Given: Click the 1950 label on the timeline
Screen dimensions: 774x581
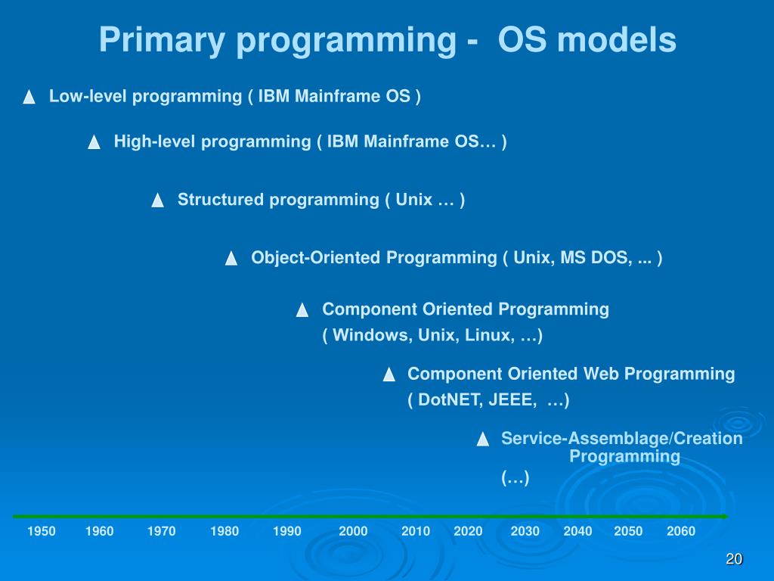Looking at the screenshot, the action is [42, 531].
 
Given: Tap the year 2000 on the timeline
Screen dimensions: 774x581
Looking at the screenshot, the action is [353, 531].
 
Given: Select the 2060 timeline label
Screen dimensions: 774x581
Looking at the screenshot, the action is [681, 531].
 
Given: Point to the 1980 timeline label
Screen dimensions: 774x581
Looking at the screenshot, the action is [224, 531].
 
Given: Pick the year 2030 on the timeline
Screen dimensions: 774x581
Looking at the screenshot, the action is [525, 531].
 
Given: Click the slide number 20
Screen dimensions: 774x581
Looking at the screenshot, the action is [734, 559].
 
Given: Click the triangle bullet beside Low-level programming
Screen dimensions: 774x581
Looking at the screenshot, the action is [29, 96].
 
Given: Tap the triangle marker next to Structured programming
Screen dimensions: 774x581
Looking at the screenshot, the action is [157, 200].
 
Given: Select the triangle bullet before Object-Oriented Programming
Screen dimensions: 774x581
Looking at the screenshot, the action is [231, 258].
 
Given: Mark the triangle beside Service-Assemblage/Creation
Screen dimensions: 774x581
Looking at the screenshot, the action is [483, 439].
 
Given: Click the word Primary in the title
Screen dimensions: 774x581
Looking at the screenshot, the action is [162, 40].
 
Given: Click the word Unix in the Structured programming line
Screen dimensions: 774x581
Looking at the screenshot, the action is [413, 200].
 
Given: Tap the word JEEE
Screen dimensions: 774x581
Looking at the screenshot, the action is [512, 400].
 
